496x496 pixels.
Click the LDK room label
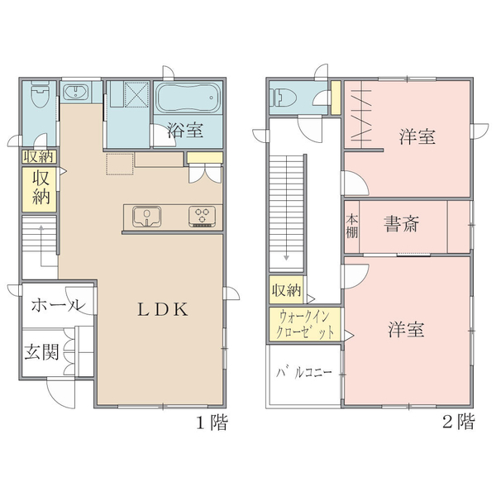point(163,309)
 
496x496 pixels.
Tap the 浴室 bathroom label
point(185,130)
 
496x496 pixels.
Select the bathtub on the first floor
point(188,98)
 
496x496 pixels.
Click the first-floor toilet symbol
point(41,94)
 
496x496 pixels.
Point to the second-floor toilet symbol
point(285,97)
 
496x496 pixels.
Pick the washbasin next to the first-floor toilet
point(76,92)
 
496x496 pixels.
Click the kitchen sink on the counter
point(147,217)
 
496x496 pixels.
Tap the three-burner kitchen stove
point(203,217)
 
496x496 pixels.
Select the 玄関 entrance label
point(42,352)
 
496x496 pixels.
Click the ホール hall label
point(58,305)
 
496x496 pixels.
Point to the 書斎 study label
point(402,224)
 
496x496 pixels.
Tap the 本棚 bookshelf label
point(352,227)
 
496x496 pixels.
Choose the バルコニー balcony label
point(304,372)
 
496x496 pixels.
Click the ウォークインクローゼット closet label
point(305,325)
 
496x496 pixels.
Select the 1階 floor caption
point(212,422)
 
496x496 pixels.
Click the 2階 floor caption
point(459,422)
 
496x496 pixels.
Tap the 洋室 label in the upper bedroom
point(417,136)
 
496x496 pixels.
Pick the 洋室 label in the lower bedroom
point(407,329)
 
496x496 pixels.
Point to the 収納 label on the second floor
point(287,290)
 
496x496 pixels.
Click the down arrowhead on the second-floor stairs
point(286,258)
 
